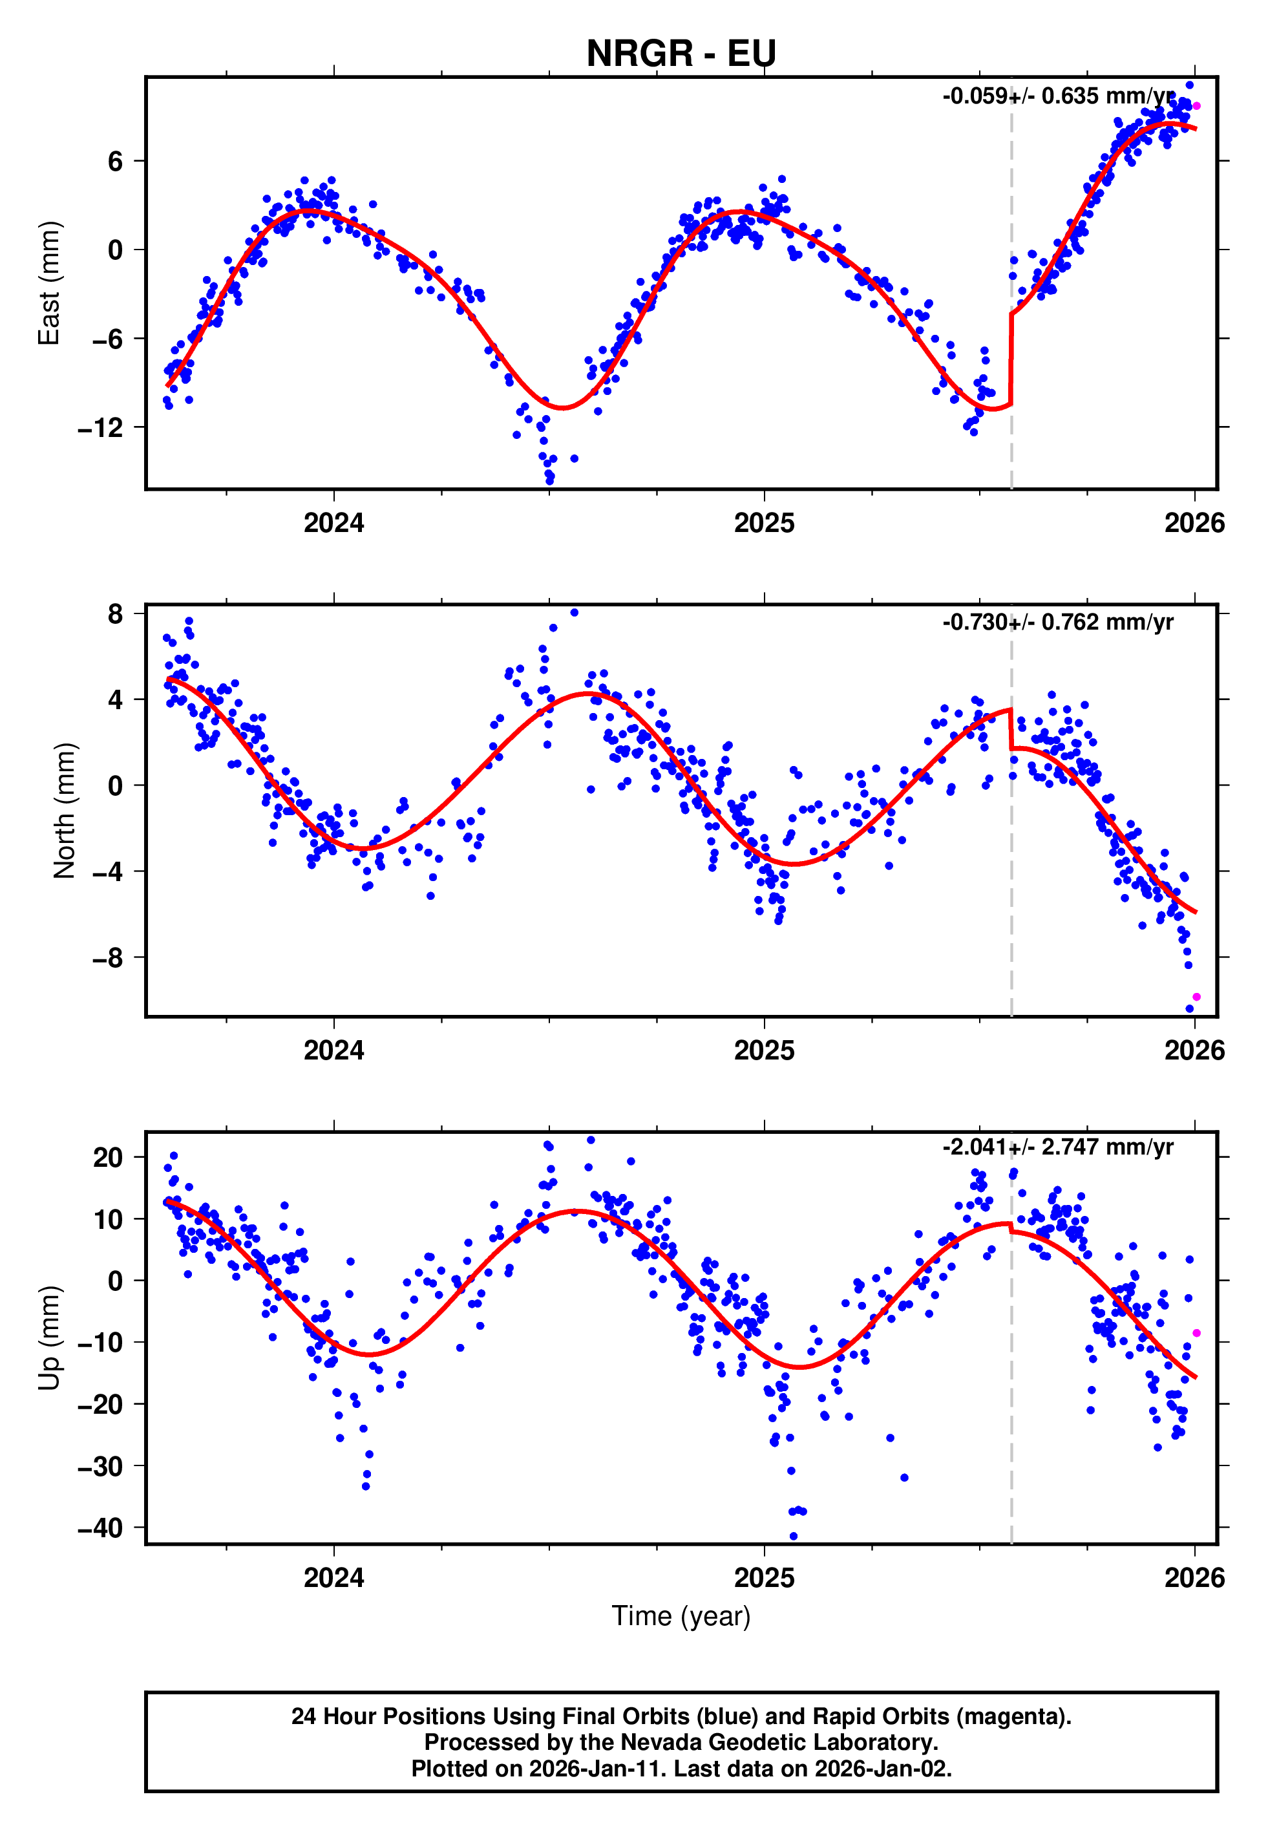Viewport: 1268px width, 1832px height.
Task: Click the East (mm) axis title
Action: (49, 283)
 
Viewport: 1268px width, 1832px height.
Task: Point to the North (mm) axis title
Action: (65, 811)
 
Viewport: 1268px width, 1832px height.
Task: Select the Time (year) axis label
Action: (681, 1617)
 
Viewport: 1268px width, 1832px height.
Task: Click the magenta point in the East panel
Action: (1196, 105)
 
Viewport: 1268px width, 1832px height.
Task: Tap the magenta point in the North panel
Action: (1196, 997)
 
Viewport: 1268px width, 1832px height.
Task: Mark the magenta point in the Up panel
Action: (1196, 1333)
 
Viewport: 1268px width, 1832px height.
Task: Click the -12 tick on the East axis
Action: (100, 428)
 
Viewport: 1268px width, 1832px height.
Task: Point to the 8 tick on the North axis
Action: (116, 613)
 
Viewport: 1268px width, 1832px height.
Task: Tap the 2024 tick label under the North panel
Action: (333, 1050)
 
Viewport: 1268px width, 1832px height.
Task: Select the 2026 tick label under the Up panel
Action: (1194, 1577)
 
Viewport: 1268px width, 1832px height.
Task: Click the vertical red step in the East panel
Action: (1011, 359)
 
